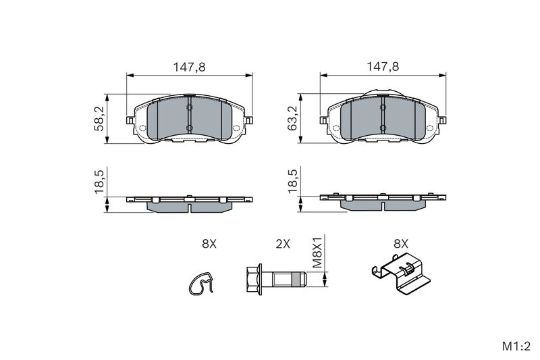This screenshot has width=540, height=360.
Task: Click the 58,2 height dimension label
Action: [x=99, y=118]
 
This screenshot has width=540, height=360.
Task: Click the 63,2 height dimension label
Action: [x=293, y=118]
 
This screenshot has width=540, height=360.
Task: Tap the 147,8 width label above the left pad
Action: [x=189, y=67]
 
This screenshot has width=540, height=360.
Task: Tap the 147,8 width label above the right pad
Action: [x=383, y=66]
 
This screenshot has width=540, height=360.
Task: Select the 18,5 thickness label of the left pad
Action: [x=99, y=181]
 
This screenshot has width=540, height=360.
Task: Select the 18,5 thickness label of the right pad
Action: [x=293, y=181]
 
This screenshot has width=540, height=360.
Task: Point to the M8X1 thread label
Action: [x=317, y=252]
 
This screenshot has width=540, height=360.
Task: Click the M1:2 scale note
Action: [x=516, y=346]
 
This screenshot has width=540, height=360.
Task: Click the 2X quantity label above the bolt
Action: [x=283, y=244]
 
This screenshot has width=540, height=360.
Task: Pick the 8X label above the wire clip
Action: [x=209, y=244]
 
